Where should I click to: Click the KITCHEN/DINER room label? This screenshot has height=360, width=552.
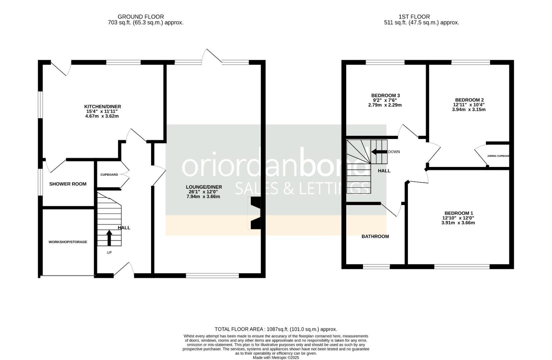[102, 107]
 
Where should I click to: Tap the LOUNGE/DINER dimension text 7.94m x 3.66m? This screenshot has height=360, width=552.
[203, 197]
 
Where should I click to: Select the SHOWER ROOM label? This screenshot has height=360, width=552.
[68, 184]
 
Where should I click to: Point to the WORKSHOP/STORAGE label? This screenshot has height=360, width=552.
[68, 242]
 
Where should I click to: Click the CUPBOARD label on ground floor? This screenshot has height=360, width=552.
[109, 175]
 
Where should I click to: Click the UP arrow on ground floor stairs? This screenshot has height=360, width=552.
[109, 237]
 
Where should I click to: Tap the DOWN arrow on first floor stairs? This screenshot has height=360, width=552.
[379, 152]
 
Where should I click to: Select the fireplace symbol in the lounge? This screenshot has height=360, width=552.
[255, 213]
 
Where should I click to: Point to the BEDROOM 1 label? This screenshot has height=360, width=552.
[459, 213]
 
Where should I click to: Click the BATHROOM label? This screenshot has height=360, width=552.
[375, 237]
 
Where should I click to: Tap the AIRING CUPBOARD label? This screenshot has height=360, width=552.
[498, 156]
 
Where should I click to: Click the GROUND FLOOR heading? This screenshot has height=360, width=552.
[141, 17]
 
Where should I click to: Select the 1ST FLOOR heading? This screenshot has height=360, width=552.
[414, 17]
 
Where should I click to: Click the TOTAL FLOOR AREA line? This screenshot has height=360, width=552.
[276, 329]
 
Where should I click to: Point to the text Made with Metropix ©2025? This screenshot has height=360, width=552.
[276, 358]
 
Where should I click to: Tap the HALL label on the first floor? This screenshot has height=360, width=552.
[384, 171]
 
